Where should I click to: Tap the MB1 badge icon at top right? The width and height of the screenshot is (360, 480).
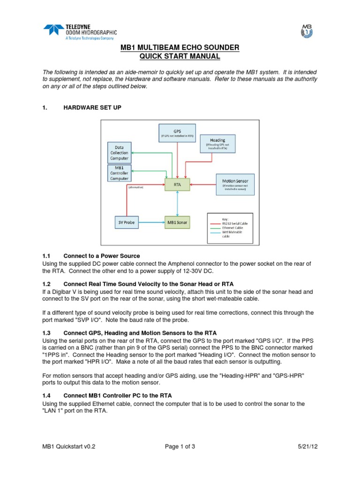[x=306, y=31]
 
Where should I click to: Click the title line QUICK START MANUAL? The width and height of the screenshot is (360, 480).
[x=180, y=57]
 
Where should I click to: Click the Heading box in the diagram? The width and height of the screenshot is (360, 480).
[x=217, y=144]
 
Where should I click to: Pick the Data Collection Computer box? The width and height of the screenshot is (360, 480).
[x=120, y=152]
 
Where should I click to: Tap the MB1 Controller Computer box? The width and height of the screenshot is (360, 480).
[x=120, y=173]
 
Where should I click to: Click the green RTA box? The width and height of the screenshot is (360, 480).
[x=177, y=184]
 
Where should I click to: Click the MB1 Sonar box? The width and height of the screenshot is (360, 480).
[x=177, y=221]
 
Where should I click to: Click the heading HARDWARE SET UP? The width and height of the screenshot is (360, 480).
[x=92, y=108]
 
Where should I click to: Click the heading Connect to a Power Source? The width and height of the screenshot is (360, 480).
[x=101, y=256]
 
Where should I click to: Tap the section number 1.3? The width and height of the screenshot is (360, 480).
[x=46, y=332]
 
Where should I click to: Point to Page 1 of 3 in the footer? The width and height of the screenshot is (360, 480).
[x=180, y=447]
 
